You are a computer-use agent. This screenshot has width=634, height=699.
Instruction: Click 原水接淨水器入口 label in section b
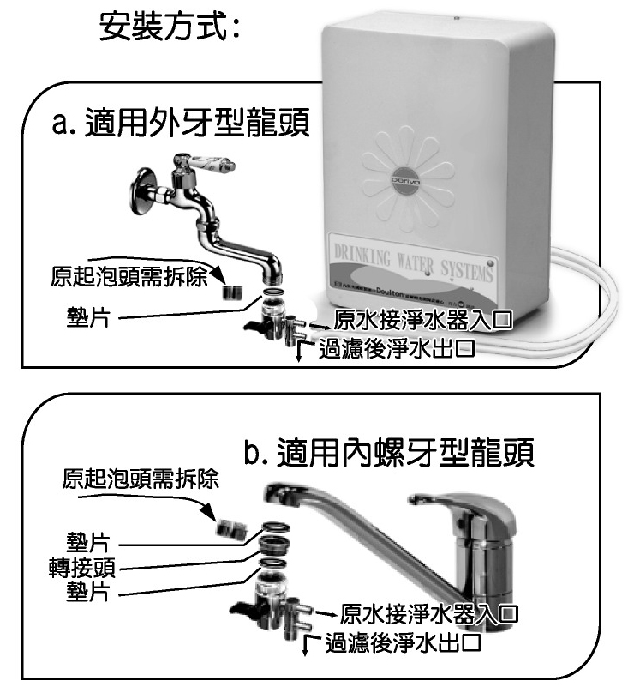[x=429, y=614]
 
